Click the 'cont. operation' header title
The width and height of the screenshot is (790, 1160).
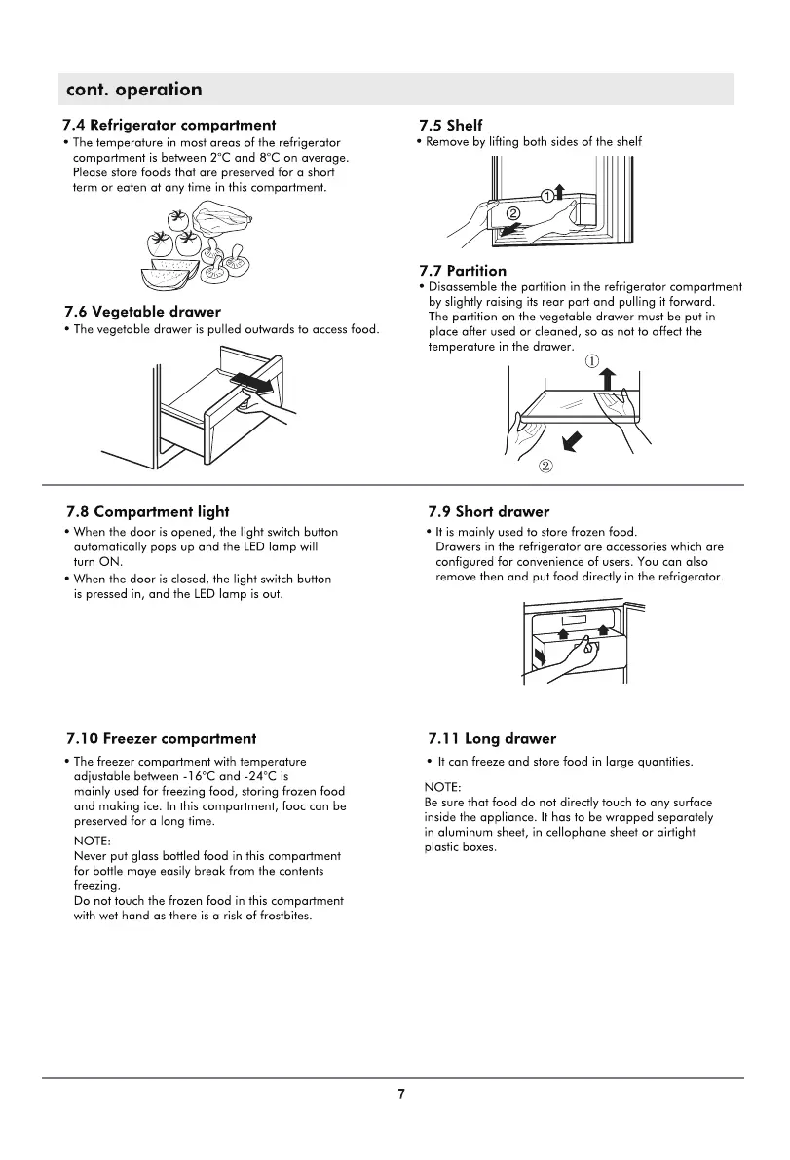pos(133,90)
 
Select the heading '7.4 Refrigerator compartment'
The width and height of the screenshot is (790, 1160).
pos(169,125)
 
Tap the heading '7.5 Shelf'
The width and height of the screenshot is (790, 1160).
pos(450,125)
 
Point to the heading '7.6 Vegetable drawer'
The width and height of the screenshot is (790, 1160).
pos(142,312)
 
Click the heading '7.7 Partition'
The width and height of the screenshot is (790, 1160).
pos(463,271)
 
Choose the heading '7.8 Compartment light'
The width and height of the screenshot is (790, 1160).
pos(148,511)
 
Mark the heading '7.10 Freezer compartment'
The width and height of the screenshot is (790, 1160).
pos(162,739)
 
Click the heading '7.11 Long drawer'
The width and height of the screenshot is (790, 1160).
pos(492,739)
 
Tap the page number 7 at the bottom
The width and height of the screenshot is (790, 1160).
pos(401,1094)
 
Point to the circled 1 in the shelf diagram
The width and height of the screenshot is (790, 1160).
pos(547,196)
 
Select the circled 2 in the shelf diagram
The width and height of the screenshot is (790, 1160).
pos(512,214)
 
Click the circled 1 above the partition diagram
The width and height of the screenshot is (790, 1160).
pos(591,360)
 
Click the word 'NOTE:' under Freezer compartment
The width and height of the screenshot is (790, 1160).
pos(93,840)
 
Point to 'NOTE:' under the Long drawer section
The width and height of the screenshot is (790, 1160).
pos(443,786)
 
